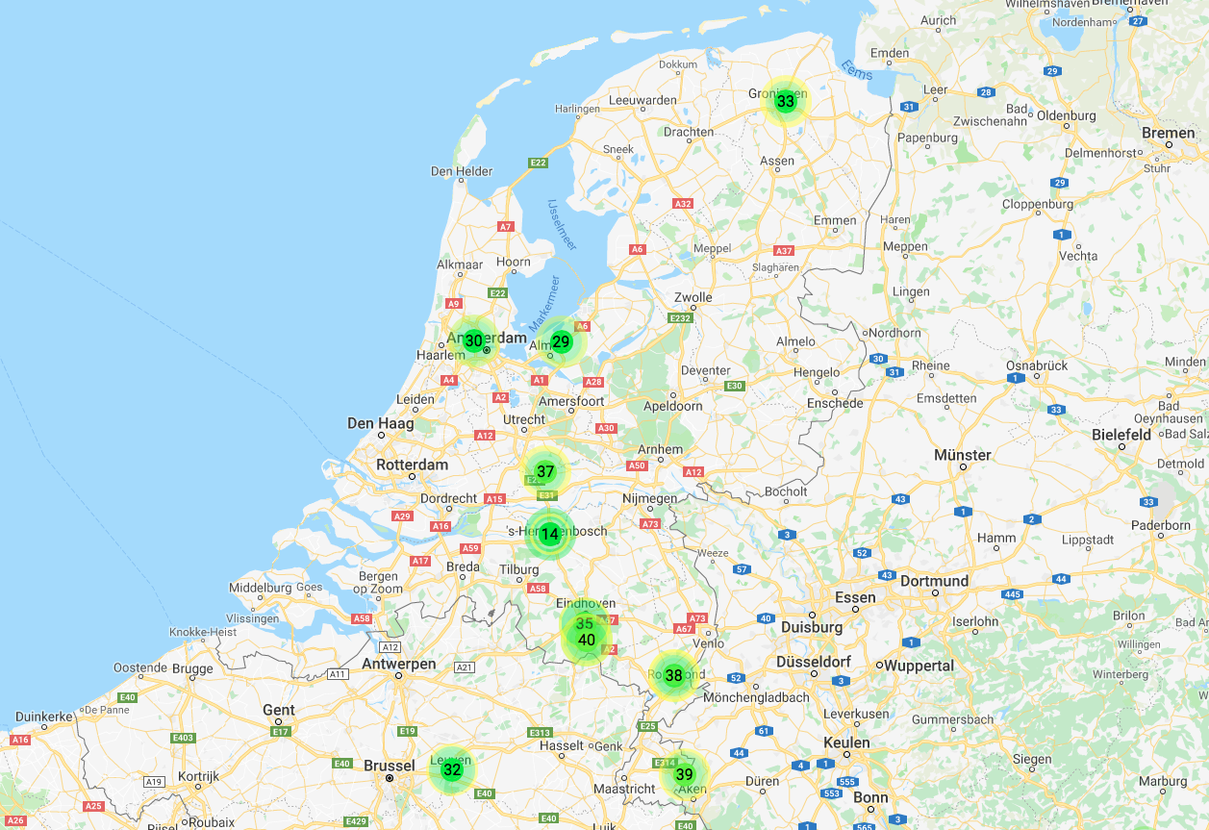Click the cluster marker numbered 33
click(x=786, y=101)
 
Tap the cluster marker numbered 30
click(x=473, y=340)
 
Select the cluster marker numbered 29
click(x=561, y=341)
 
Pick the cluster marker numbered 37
click(x=545, y=471)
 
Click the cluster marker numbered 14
click(x=549, y=535)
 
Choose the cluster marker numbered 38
click(x=673, y=675)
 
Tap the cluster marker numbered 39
click(x=684, y=774)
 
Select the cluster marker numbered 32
click(x=452, y=769)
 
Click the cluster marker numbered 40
click(x=587, y=641)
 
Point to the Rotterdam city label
click(x=412, y=465)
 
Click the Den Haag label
click(x=381, y=423)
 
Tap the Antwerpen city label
click(x=398, y=664)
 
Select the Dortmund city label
click(x=934, y=581)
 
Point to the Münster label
click(x=962, y=455)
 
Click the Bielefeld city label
click(x=1121, y=435)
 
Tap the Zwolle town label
click(x=693, y=297)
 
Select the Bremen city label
click(x=1168, y=133)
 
